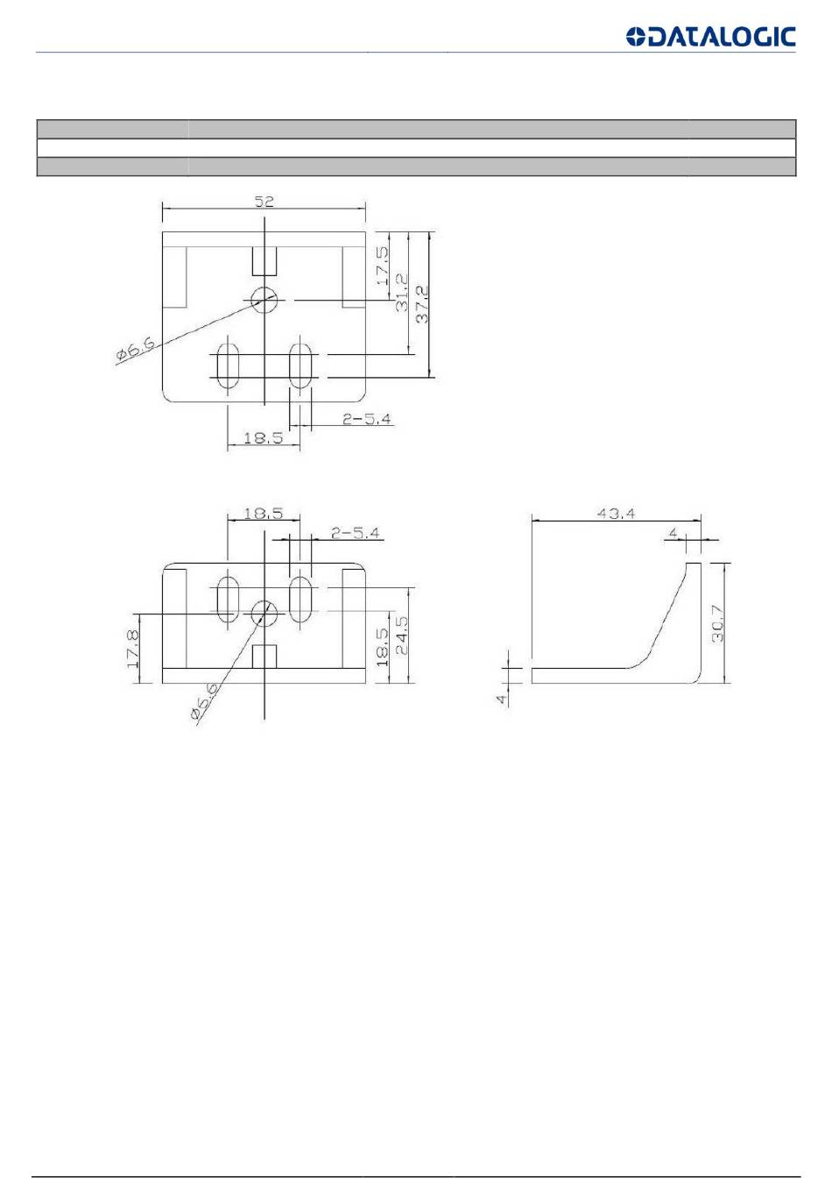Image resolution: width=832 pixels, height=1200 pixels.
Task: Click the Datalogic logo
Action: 710,37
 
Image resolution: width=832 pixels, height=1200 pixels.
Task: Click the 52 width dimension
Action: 264,202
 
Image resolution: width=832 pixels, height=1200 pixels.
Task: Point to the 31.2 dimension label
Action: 401,293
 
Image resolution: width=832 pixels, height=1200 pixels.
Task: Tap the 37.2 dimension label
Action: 422,304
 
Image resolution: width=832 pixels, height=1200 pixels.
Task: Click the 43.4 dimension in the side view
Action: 616,513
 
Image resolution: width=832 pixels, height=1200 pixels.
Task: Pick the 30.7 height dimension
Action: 717,623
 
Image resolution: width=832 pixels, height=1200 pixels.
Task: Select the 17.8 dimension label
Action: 133,649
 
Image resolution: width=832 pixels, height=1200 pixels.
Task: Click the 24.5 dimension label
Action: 401,635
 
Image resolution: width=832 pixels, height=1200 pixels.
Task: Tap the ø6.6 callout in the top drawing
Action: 136,348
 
